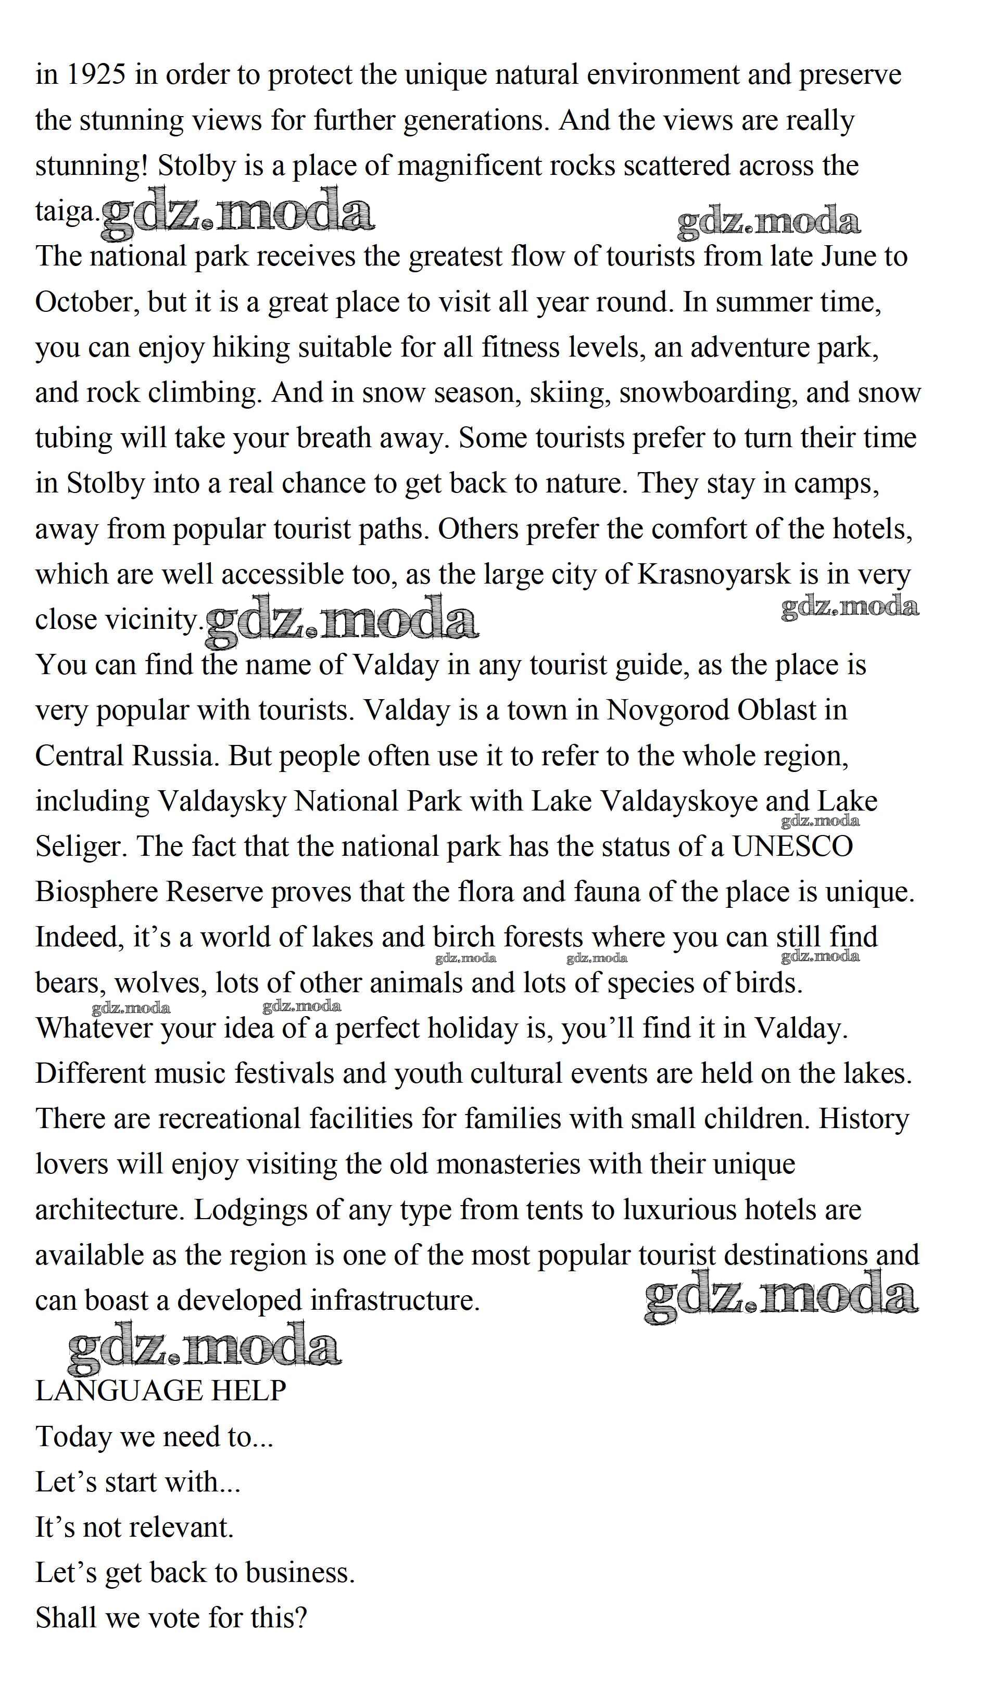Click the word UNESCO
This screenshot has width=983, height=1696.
point(792,846)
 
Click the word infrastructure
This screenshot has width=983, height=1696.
point(395,1301)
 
